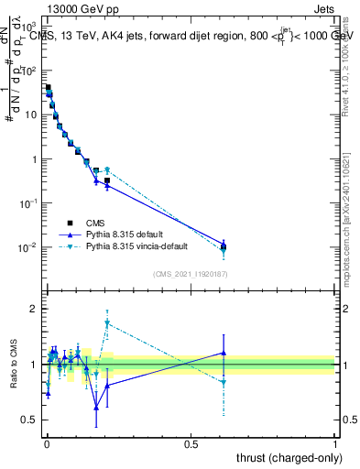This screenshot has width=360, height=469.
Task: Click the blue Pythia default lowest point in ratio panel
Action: point(96,408)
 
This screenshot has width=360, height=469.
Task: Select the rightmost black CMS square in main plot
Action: point(224,245)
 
